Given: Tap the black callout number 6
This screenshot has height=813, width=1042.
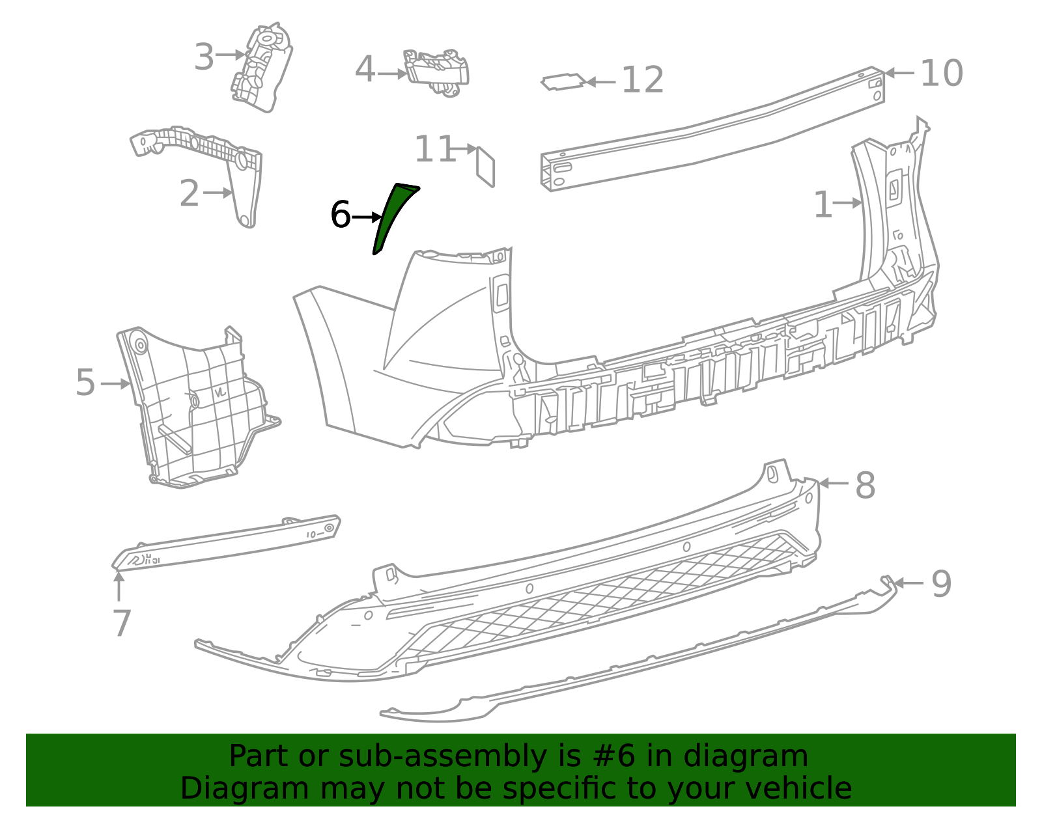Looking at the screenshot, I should click(x=341, y=215).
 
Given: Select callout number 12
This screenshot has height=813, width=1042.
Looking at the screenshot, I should click(x=643, y=81).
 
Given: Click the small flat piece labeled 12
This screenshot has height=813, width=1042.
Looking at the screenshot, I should click(x=563, y=82).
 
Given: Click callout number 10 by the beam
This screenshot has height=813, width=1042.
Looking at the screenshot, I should click(x=941, y=73).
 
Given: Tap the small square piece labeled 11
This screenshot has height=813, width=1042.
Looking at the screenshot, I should click(x=486, y=165).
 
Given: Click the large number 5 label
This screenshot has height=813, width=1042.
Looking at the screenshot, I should click(x=85, y=383).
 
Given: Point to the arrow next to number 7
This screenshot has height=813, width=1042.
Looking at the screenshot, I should click(x=119, y=585).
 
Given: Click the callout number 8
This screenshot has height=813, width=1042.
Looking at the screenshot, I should click(x=865, y=486).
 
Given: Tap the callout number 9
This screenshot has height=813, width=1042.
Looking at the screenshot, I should click(x=941, y=584).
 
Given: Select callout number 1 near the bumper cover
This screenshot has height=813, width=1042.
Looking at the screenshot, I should click(x=823, y=205).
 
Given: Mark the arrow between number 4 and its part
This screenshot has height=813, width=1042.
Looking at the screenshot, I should click(x=391, y=74).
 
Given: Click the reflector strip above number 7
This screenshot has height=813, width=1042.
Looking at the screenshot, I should click(x=228, y=543).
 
